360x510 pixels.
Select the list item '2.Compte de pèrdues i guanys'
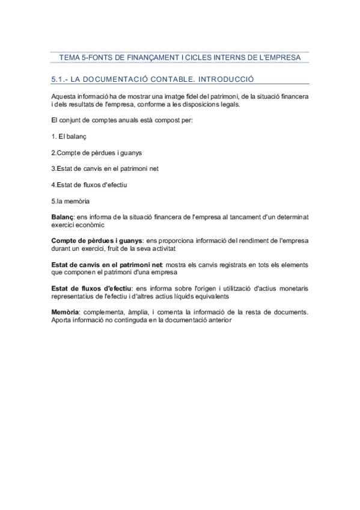pos(96,152)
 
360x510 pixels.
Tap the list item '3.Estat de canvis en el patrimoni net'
pos(105,168)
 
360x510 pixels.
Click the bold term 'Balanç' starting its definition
pos(62,215)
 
